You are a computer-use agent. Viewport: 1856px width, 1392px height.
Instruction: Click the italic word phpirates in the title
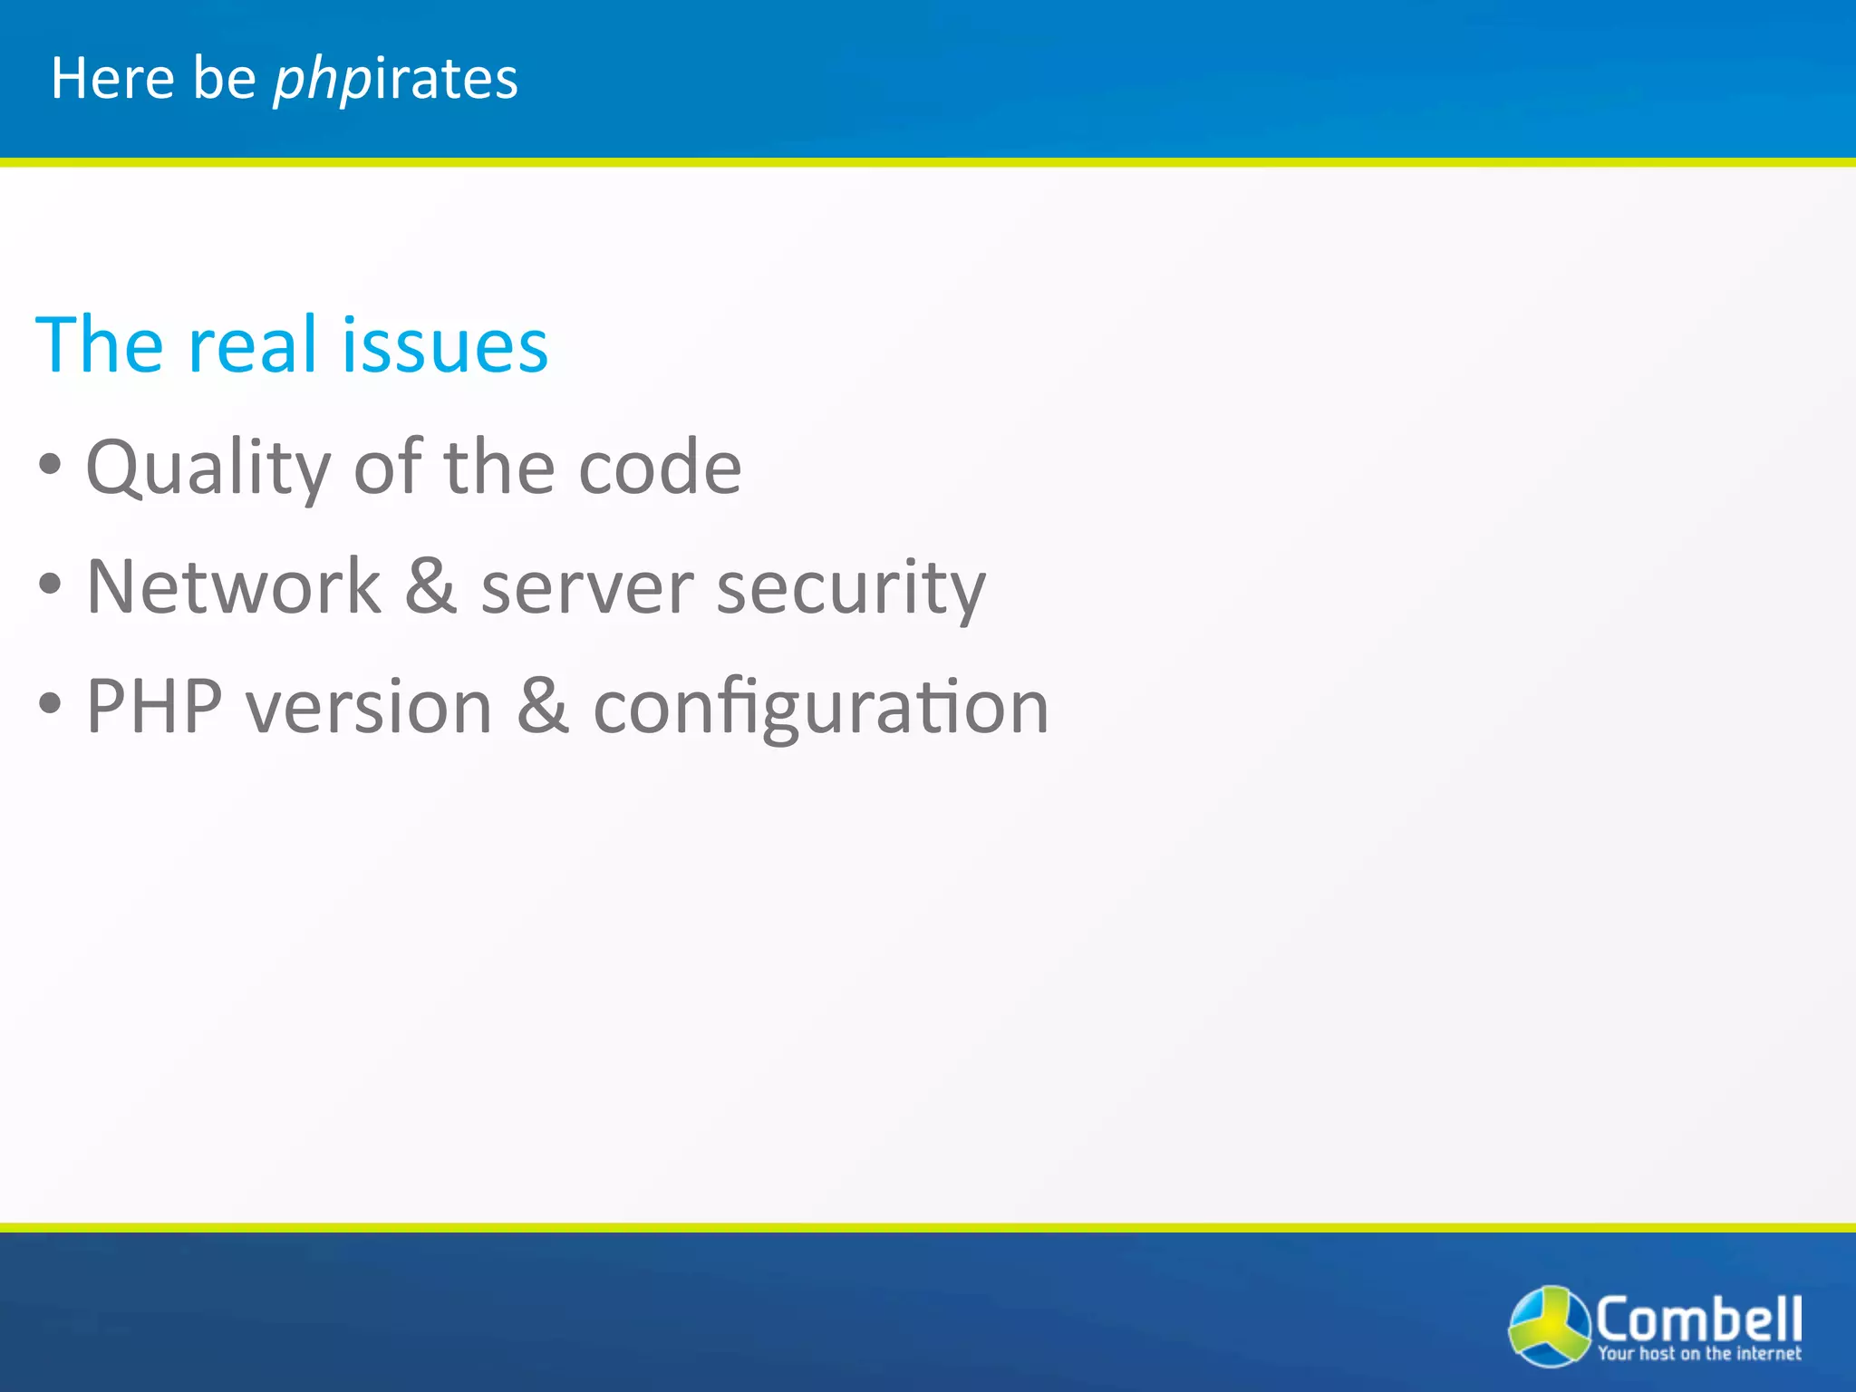[395, 78]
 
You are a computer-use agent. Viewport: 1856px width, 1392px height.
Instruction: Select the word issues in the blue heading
[444, 345]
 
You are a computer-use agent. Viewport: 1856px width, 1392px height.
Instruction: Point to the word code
[660, 468]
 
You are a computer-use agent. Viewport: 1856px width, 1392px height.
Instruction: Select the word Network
[233, 587]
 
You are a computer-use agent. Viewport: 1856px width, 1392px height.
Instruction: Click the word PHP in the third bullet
[154, 706]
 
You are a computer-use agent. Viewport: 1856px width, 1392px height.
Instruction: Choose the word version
[370, 706]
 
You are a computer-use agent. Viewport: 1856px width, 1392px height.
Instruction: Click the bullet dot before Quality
[51, 466]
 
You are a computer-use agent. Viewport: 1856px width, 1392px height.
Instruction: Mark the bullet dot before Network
[51, 585]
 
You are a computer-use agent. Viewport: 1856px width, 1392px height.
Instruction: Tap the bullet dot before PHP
[51, 703]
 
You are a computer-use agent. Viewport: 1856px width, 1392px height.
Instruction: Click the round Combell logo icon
[1549, 1325]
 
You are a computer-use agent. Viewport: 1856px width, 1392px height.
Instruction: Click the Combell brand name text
[1698, 1319]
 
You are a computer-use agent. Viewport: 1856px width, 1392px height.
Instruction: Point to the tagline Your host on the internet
[1699, 1354]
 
